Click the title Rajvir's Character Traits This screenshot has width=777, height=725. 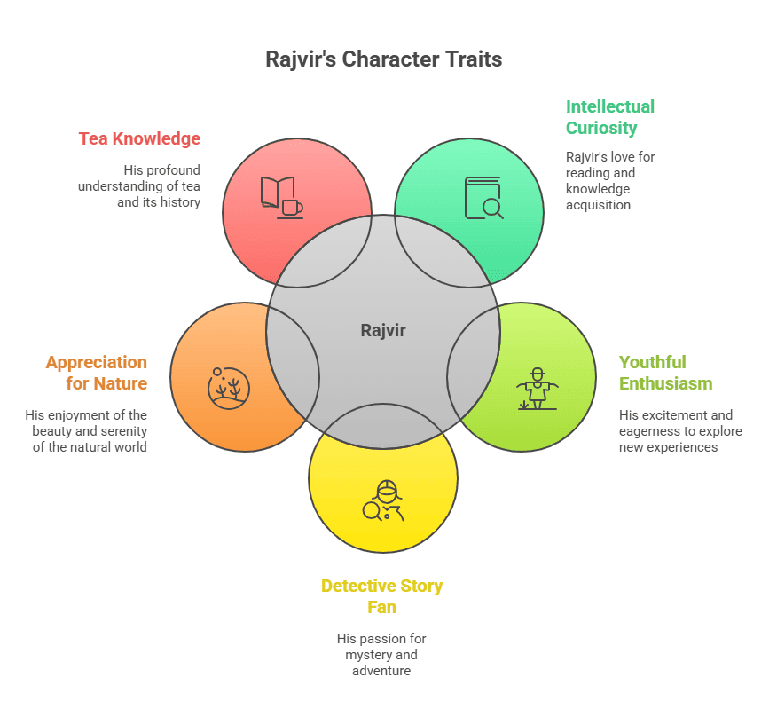(x=383, y=59)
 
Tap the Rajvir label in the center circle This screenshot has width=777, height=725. (x=383, y=330)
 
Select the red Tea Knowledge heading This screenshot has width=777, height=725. (x=139, y=138)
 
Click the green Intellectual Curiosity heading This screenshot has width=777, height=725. (x=610, y=117)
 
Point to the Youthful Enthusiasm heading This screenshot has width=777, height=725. (x=665, y=373)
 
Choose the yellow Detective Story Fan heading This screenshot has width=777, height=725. (x=381, y=596)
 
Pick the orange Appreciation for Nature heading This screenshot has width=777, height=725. (x=97, y=373)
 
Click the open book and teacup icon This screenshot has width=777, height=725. (x=281, y=197)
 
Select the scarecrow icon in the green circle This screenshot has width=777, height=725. (x=537, y=389)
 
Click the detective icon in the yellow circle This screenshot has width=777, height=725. (x=383, y=501)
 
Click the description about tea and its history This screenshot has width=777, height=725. (x=139, y=185)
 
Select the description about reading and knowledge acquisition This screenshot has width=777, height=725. (x=610, y=180)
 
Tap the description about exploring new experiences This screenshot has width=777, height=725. (x=680, y=431)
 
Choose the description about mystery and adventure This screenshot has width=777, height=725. (x=381, y=654)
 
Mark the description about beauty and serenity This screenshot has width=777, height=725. (x=87, y=430)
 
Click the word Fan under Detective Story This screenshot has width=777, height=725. (x=382, y=608)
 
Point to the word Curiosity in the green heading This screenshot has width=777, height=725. (x=601, y=128)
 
